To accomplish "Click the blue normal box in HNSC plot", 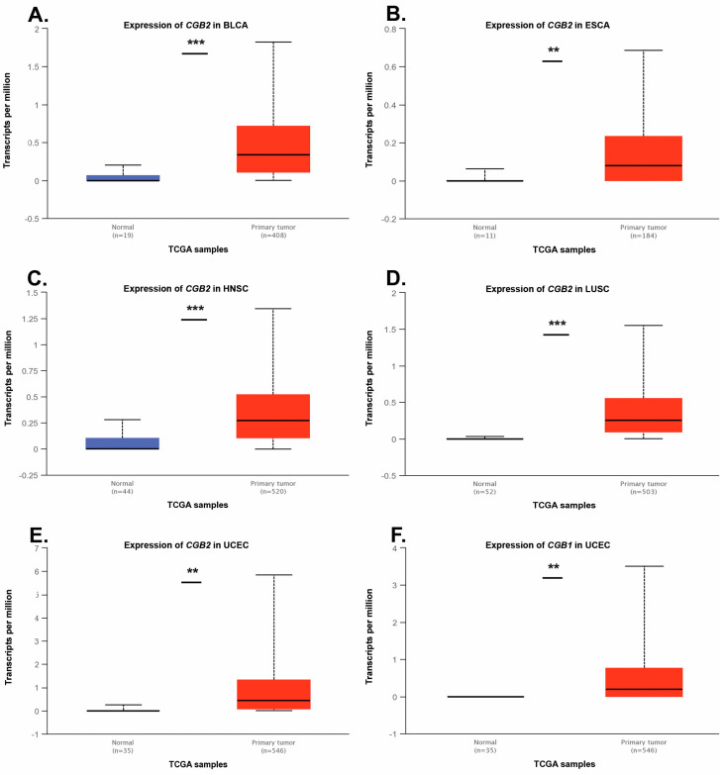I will point(123,442).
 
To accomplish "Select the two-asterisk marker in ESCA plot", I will point(554,50).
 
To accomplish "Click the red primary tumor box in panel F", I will point(643,682).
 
